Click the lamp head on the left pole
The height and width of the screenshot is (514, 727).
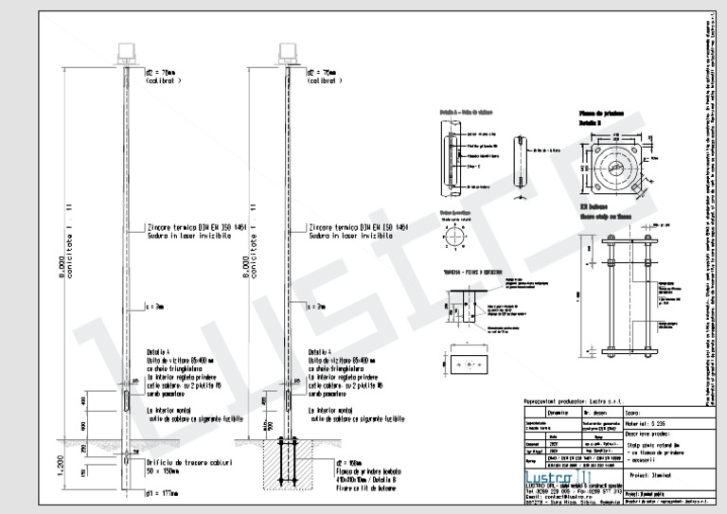tap(125, 53)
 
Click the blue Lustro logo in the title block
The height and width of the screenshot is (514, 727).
tap(555, 471)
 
